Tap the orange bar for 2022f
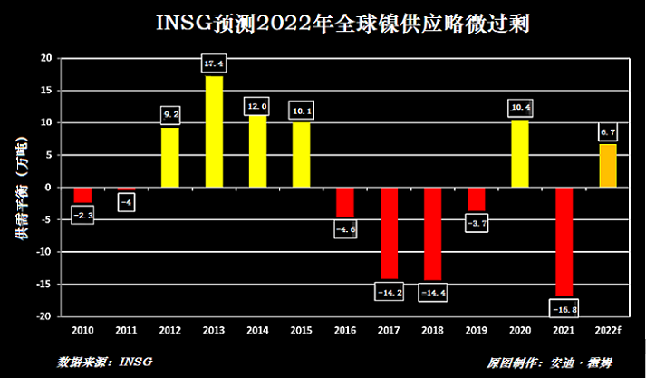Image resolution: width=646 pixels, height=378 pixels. point(607,165)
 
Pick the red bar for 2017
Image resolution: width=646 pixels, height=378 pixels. point(389,233)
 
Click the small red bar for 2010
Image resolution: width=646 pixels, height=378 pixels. point(82,195)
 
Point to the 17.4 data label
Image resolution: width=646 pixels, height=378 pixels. point(214,63)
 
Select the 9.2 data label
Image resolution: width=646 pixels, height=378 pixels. point(170,115)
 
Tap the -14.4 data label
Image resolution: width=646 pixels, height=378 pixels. point(432,292)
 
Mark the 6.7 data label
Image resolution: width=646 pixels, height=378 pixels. point(607,132)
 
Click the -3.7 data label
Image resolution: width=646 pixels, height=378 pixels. point(476,223)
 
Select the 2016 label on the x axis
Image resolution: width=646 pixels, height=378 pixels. point(345,331)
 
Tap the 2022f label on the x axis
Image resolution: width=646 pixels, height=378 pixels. point(607,331)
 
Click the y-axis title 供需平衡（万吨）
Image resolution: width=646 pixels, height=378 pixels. point(21,189)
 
